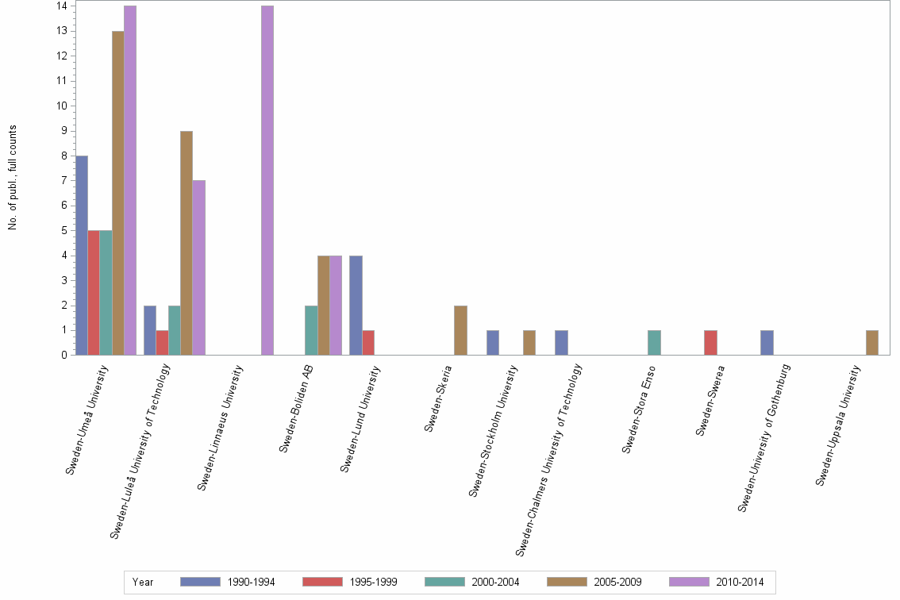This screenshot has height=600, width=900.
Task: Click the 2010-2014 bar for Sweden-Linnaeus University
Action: pyautogui.click(x=267, y=180)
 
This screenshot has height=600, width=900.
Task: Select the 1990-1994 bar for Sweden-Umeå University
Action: pyautogui.click(x=82, y=255)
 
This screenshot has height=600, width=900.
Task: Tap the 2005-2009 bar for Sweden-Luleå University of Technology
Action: pyautogui.click(x=187, y=243)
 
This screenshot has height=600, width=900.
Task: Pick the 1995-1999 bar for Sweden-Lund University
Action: pyautogui.click(x=368, y=342)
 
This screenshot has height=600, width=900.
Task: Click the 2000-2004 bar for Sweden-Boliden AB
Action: pyautogui.click(x=311, y=329)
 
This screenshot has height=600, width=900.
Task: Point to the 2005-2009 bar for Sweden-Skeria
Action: pyautogui.click(x=460, y=329)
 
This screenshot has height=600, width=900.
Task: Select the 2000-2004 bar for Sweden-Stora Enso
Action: pyautogui.click(x=654, y=342)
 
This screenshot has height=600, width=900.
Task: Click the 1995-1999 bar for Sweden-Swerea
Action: pyautogui.click(x=710, y=342)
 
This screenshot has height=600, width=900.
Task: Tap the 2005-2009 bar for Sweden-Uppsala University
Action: pyautogui.click(x=872, y=342)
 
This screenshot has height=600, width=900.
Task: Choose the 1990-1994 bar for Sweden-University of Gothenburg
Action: pyautogui.click(x=767, y=342)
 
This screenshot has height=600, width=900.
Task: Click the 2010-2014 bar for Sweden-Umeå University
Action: pyautogui.click(x=130, y=180)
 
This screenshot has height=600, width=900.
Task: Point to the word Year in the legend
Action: pyautogui.click(x=144, y=582)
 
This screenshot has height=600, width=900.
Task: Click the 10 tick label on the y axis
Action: pyautogui.click(x=61, y=106)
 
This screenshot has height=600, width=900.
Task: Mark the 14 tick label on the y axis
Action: pyautogui.click(x=61, y=6)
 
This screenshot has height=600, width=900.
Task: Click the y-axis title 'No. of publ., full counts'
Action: pyautogui.click(x=13, y=177)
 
